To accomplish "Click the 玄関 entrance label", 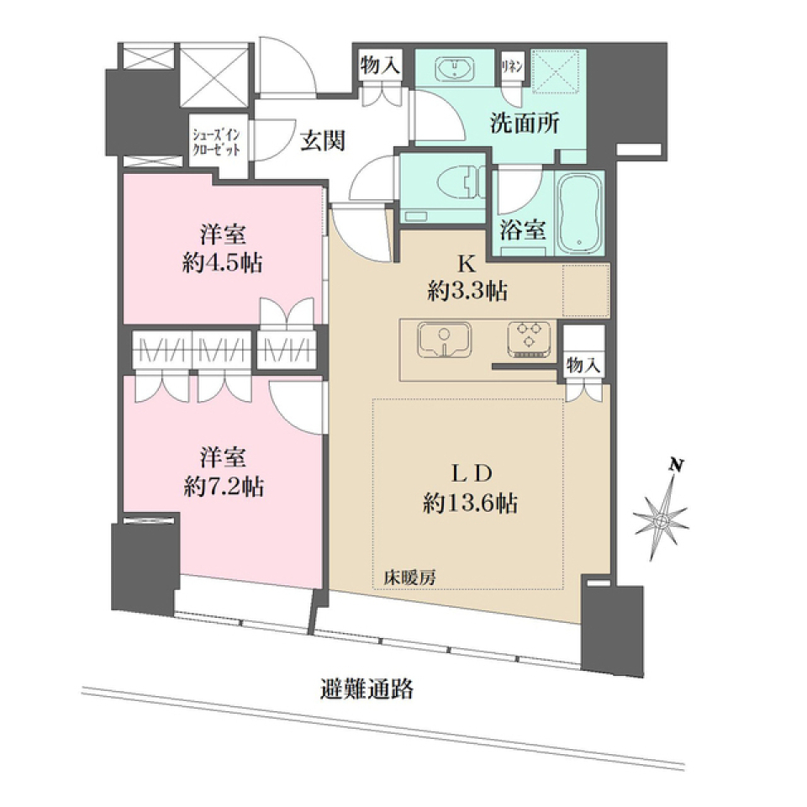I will pyautogui.click(x=323, y=142).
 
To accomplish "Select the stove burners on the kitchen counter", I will pyautogui.click(x=527, y=338).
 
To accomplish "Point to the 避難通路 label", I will pyautogui.click(x=367, y=690).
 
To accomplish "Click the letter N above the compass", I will pyautogui.click(x=673, y=463).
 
